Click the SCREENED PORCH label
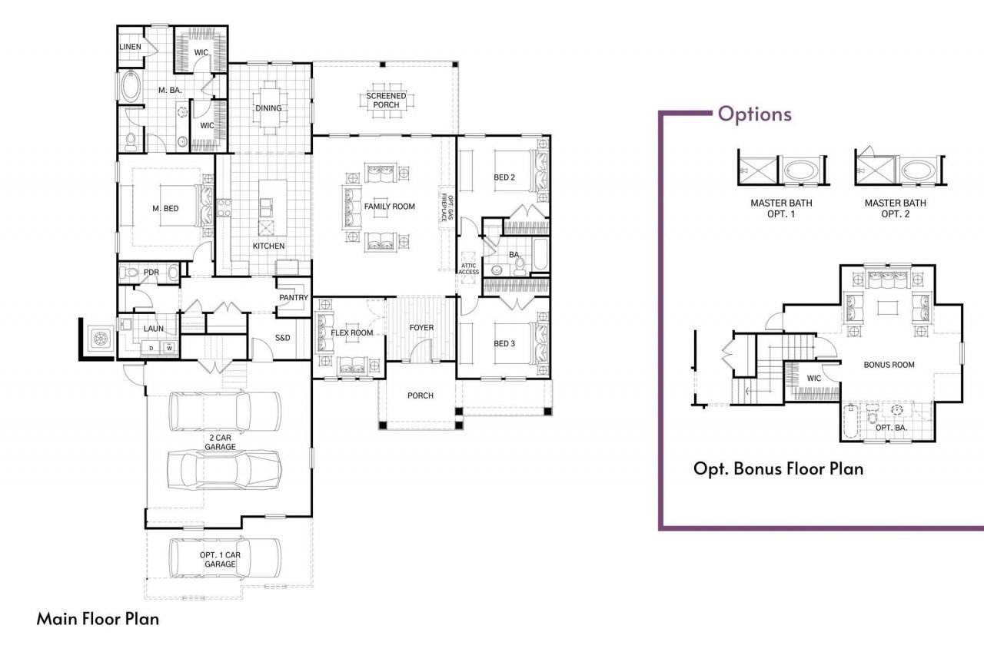pos(386,100)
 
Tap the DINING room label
pos(268,108)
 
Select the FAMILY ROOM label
pos(389,207)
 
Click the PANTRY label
pos(294,298)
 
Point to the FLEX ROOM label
pos(351,333)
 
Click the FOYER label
pos(421,328)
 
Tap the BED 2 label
pos(504,178)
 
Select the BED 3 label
pos(504,343)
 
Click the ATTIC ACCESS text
pos(469,268)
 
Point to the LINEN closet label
pos(131,47)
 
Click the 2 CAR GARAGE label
pos(220,442)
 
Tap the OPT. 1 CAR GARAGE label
pos(220,559)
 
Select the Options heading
pos(754,114)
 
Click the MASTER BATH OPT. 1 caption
pos(781,208)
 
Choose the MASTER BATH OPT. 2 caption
pos(895,208)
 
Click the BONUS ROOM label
pos(889,365)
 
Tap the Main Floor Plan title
pos(98,618)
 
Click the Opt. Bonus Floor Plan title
pos(778,468)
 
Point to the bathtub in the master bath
pos(130,87)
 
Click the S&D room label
pos(282,339)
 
